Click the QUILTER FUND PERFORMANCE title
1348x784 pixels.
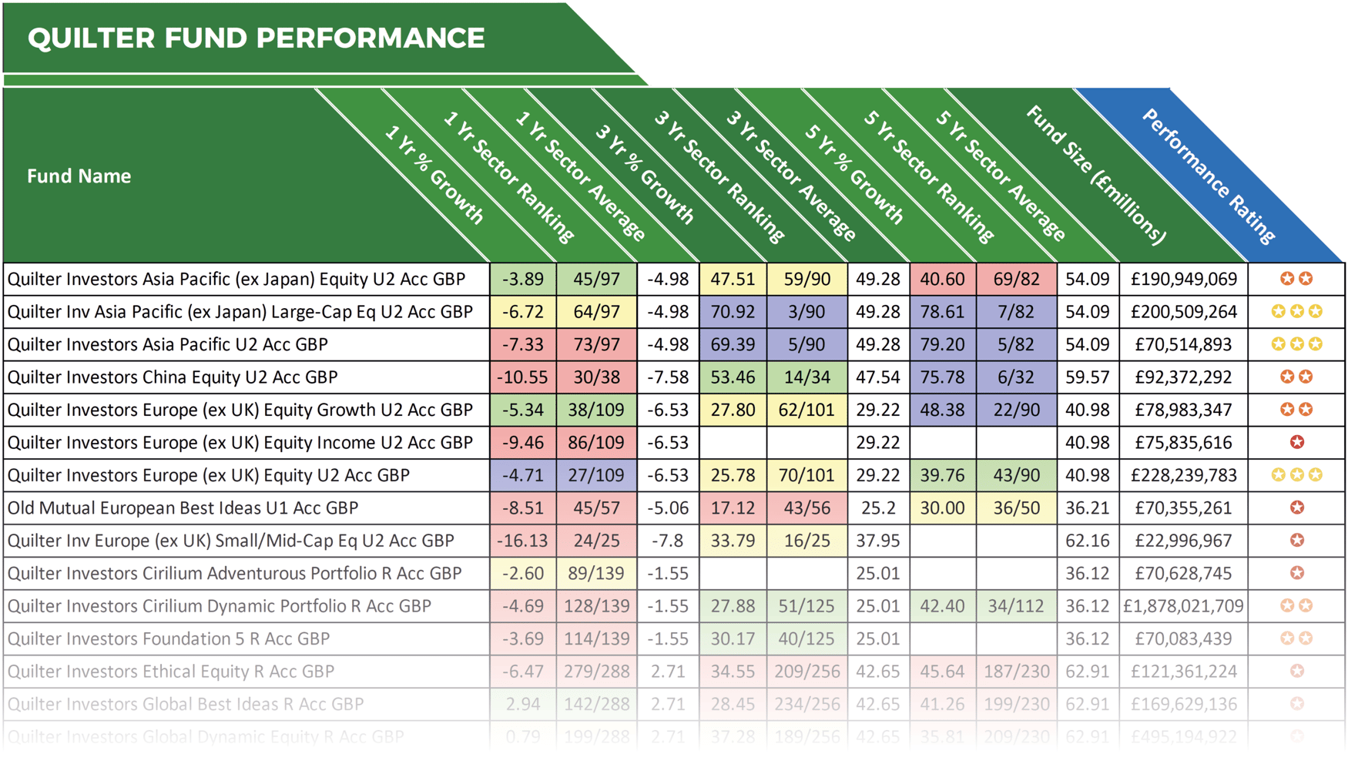tap(256, 38)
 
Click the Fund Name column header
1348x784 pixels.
tap(79, 176)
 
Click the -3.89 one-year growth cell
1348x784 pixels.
tap(522, 279)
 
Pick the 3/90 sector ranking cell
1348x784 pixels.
tap(806, 312)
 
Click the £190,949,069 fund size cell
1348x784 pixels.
tap(1183, 279)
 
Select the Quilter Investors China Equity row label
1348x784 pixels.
tap(173, 377)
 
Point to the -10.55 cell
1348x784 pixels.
tap(522, 377)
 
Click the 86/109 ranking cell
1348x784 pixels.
tap(596, 443)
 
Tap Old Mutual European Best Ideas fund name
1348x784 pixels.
tap(183, 508)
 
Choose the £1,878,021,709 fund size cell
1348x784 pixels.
tap(1183, 606)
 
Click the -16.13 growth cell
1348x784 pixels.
tap(522, 541)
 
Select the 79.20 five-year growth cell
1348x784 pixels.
tap(942, 344)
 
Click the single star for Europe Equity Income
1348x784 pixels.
tap(1297, 443)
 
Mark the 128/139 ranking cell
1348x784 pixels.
tap(596, 606)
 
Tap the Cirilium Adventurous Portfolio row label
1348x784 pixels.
tap(234, 574)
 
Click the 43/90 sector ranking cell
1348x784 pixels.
tap(1016, 475)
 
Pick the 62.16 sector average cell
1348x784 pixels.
tap(1087, 541)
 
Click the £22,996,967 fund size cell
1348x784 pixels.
tap(1183, 541)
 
